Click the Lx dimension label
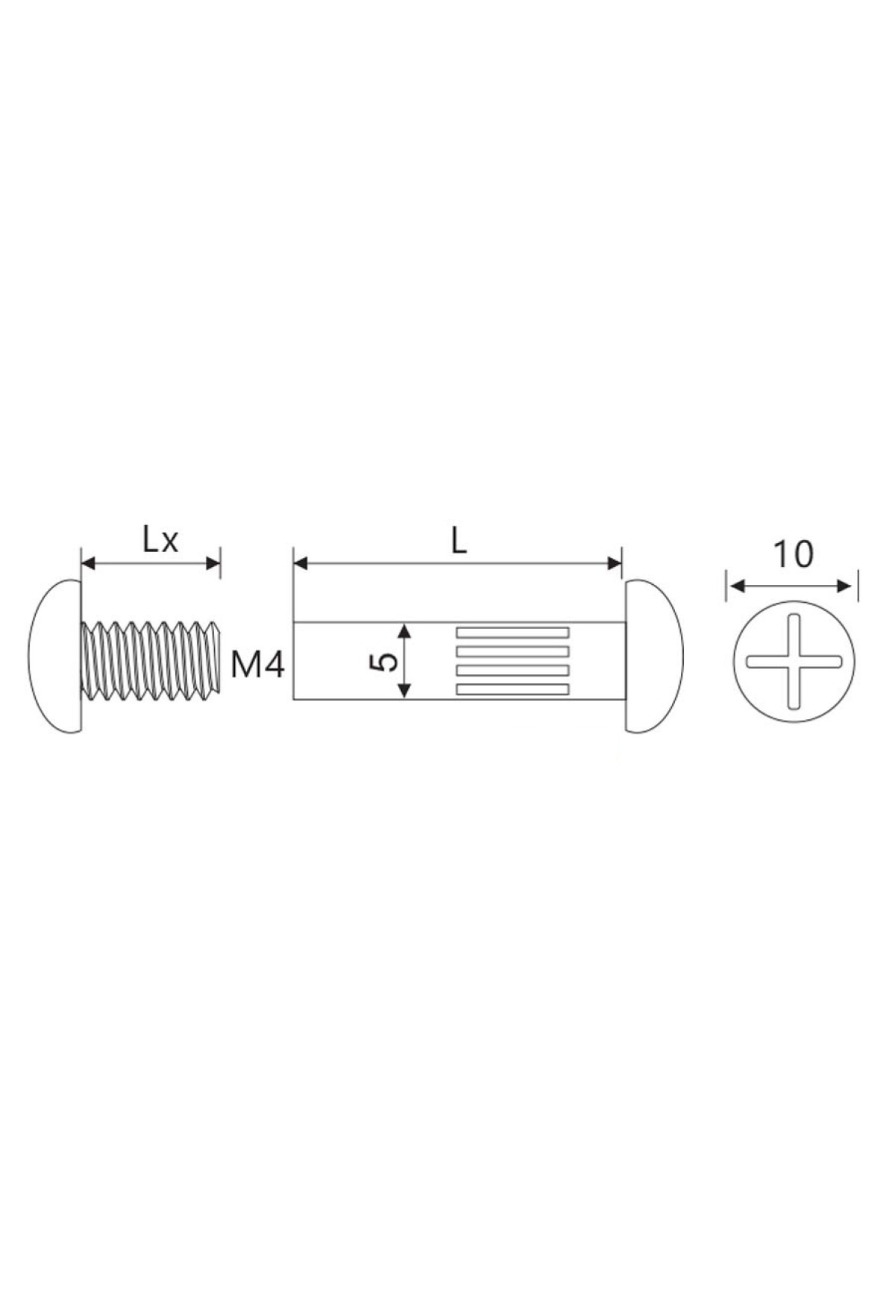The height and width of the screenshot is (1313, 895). coord(160,540)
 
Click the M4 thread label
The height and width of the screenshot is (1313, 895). coord(257,665)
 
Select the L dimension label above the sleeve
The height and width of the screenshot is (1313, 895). coord(459,541)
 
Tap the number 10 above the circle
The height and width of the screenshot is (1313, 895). coord(793,555)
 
